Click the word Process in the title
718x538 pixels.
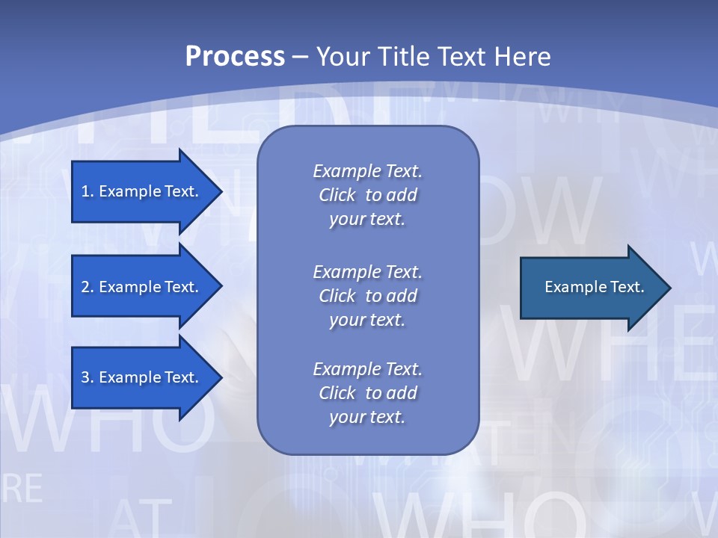click(x=235, y=57)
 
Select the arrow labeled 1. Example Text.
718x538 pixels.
click(x=142, y=191)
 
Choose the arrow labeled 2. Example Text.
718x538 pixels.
click(x=142, y=287)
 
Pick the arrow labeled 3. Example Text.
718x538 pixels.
click(x=142, y=377)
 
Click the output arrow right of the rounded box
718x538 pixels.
click(x=591, y=288)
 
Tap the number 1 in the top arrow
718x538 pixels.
click(x=85, y=191)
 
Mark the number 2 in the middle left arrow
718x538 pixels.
click(x=85, y=287)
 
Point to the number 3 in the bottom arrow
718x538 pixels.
click(x=85, y=377)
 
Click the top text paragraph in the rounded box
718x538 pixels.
click(x=367, y=195)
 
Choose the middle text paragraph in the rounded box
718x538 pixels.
click(x=367, y=295)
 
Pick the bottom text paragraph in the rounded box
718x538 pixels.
click(x=367, y=393)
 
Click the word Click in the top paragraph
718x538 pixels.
click(x=337, y=195)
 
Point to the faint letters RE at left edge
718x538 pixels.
click(x=22, y=488)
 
